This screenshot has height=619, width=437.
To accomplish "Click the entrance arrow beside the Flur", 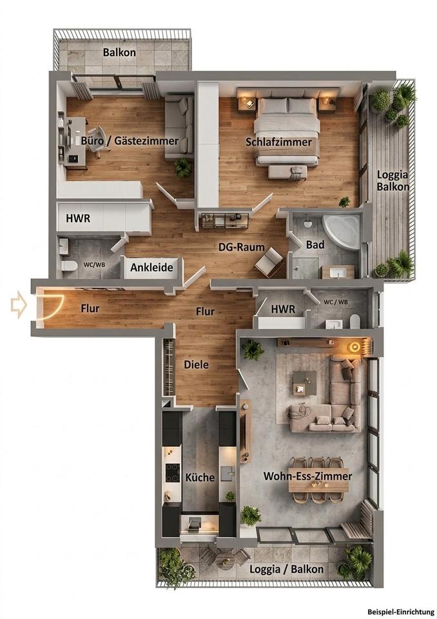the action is click(x=19, y=304).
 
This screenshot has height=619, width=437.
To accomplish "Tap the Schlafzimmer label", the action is click(x=278, y=142).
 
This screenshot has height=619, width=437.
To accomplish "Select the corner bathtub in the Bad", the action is click(x=342, y=231).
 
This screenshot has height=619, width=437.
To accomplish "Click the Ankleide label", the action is click(x=151, y=268).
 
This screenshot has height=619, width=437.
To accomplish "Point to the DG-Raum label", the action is click(x=242, y=247).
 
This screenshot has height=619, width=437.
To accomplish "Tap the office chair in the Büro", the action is click(x=97, y=141).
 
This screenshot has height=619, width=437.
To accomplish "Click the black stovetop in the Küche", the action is click(x=173, y=473).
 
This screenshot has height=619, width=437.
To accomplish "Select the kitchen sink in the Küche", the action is click(x=228, y=473).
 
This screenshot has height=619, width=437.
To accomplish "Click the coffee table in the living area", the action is click(x=304, y=383).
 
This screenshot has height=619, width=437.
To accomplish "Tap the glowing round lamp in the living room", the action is click(x=354, y=347).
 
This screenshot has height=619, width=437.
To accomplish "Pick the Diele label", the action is click(x=196, y=364).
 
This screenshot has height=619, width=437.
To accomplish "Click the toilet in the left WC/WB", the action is click(x=69, y=267).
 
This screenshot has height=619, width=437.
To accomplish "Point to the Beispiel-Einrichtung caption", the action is click(x=401, y=611).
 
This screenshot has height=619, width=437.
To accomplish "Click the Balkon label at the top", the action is click(x=119, y=52).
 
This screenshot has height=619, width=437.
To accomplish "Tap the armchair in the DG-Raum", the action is click(x=269, y=261).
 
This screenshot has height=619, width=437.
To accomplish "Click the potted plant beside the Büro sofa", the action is click(x=183, y=168).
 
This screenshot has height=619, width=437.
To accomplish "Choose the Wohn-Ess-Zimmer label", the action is click(x=307, y=476).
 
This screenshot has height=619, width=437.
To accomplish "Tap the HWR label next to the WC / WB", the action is click(x=283, y=309).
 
